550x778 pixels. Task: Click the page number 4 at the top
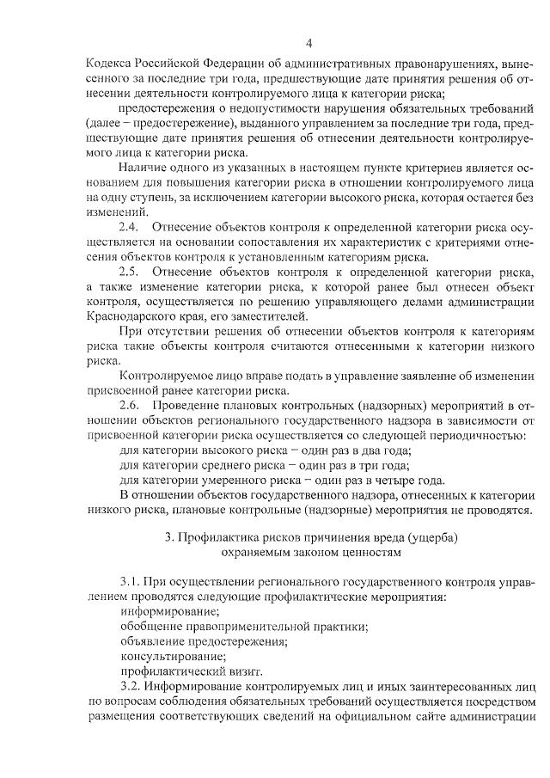[309, 43]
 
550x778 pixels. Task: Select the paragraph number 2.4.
[128, 227]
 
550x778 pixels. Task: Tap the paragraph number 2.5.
[128, 273]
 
